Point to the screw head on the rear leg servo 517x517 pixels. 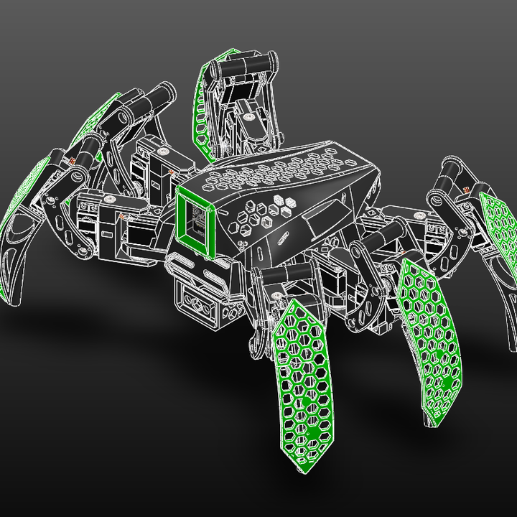coord(248,114)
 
